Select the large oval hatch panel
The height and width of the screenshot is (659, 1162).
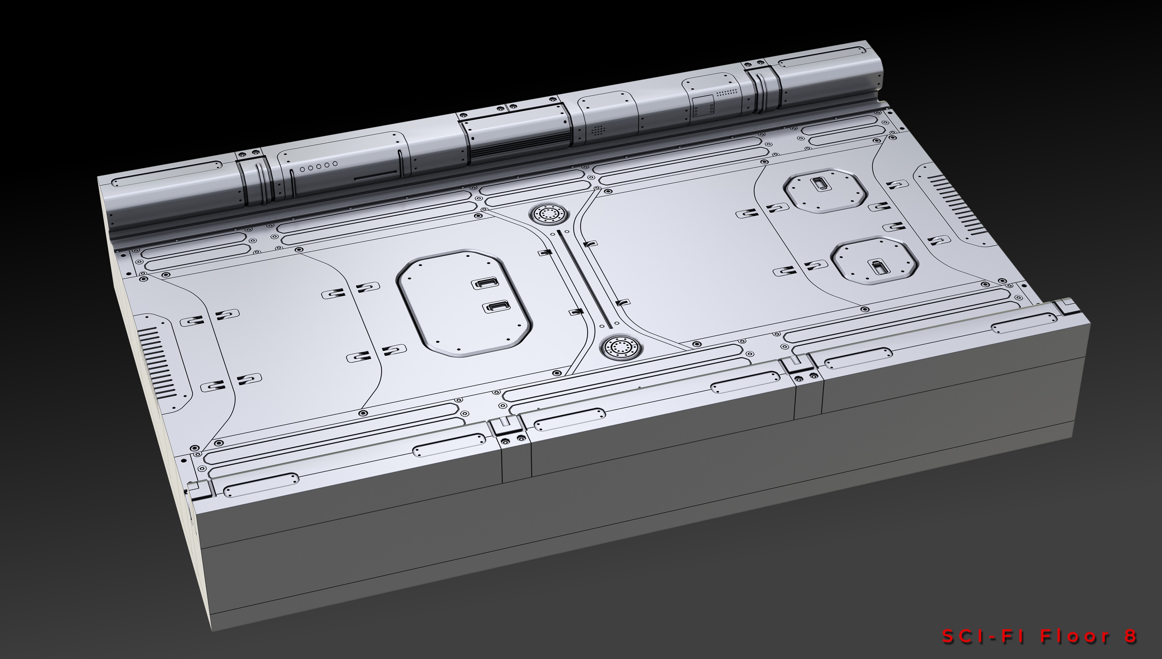(x=465, y=302)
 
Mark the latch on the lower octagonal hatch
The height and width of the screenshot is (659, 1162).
(x=878, y=267)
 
